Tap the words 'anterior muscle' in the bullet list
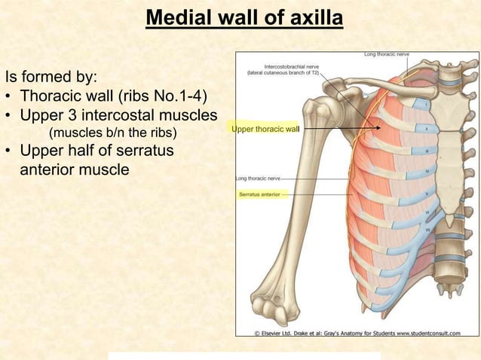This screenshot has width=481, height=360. pos(75,170)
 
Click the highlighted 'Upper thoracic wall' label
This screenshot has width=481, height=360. pos(265,130)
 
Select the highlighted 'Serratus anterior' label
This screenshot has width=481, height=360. pos(259,194)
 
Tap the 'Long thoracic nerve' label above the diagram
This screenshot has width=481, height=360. pos(387,54)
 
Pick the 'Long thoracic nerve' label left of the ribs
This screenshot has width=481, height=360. pos(258,178)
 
